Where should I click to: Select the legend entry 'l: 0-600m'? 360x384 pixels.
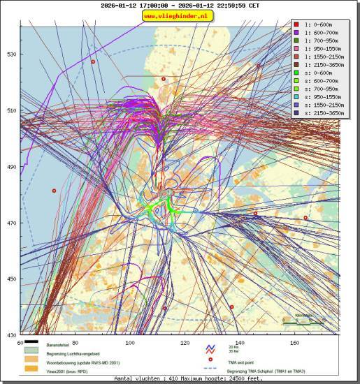[x=315, y=25]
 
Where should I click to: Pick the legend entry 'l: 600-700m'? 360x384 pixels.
[x=317, y=33]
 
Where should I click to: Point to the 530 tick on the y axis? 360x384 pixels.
[x=11, y=54]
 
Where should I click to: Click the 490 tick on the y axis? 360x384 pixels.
[x=11, y=167]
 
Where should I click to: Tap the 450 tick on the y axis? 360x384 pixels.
[x=11, y=279]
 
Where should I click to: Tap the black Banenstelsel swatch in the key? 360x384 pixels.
[x=31, y=343]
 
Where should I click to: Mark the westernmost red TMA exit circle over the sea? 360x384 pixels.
[x=54, y=191]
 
